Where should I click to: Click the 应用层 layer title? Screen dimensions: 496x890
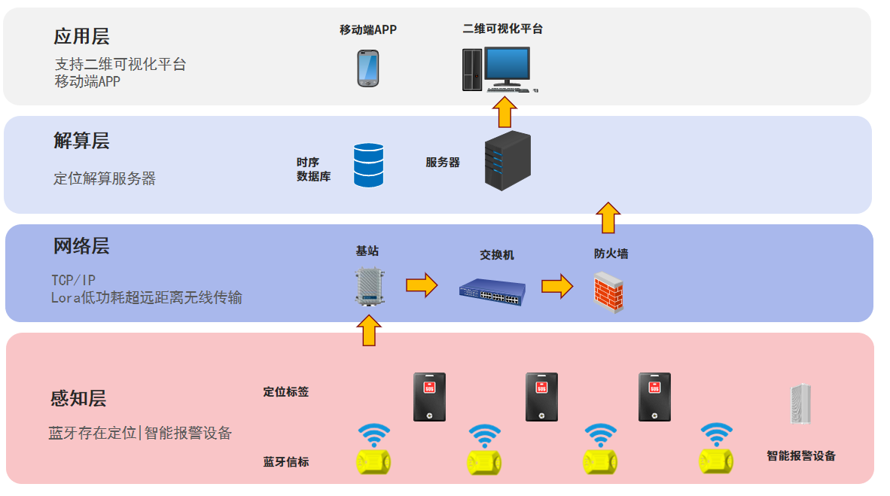[x=81, y=36]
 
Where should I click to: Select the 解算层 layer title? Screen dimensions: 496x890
[x=81, y=141]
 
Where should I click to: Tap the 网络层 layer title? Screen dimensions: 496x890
[x=81, y=246]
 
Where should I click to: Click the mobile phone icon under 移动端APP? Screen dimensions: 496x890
[x=367, y=68]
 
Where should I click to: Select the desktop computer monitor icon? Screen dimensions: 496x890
[x=507, y=66]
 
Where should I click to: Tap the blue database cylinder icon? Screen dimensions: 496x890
[x=368, y=165]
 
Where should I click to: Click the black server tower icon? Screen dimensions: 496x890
[x=506, y=160]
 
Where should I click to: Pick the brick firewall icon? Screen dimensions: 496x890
[x=608, y=292]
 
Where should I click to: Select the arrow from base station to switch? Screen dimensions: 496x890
[x=422, y=285]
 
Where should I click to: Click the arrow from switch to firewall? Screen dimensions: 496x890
[x=556, y=285]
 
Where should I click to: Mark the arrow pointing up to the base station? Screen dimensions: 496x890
[x=368, y=330]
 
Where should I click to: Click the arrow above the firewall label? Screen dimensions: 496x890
[x=608, y=218]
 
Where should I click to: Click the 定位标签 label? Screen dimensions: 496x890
[x=285, y=392]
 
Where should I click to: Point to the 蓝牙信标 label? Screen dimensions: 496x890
[x=285, y=461]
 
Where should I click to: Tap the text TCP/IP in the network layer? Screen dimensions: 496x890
[x=73, y=280]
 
